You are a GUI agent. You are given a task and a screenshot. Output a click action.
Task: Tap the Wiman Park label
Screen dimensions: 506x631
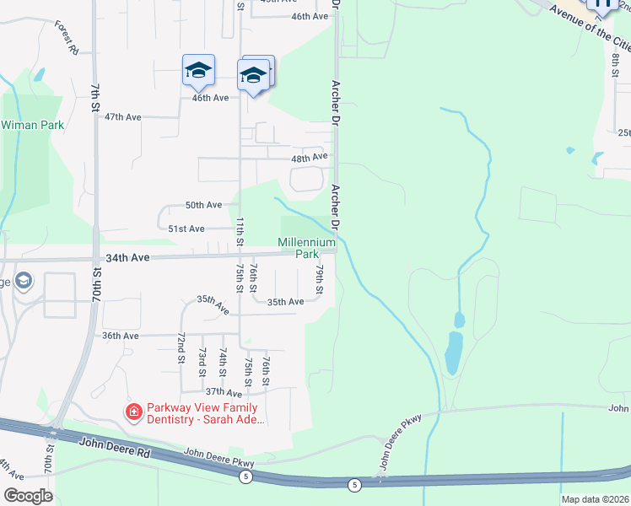pyautogui.click(x=33, y=125)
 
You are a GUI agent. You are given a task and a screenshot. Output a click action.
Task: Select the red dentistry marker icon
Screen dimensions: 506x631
pyautogui.click(x=133, y=412)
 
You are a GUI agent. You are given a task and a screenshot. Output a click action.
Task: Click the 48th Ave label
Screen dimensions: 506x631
pyautogui.click(x=308, y=157)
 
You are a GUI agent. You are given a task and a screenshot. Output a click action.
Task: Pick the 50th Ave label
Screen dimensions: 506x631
pyautogui.click(x=203, y=205)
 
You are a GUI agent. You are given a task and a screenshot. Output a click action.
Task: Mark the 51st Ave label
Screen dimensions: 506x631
pyautogui.click(x=186, y=229)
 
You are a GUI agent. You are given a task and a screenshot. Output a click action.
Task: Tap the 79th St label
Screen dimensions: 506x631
pyautogui.click(x=320, y=279)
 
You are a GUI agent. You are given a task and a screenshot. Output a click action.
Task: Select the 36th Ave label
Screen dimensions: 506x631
pyautogui.click(x=120, y=336)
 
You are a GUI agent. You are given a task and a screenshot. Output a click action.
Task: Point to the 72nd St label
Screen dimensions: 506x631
pyautogui.click(x=181, y=347)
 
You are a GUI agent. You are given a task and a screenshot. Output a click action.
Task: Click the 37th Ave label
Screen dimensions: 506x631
pyautogui.click(x=224, y=392)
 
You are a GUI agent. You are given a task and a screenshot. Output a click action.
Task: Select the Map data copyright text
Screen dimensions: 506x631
pyautogui.click(x=595, y=499)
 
